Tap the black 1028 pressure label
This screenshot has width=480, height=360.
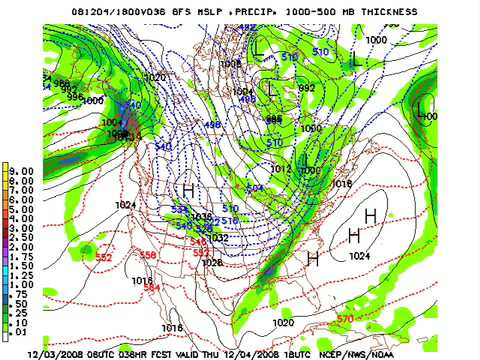pyautogui.click(x=210, y=262)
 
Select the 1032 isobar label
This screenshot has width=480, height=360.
pyautogui.click(x=218, y=237)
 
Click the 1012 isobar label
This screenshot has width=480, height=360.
pyautogui.click(x=280, y=169)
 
